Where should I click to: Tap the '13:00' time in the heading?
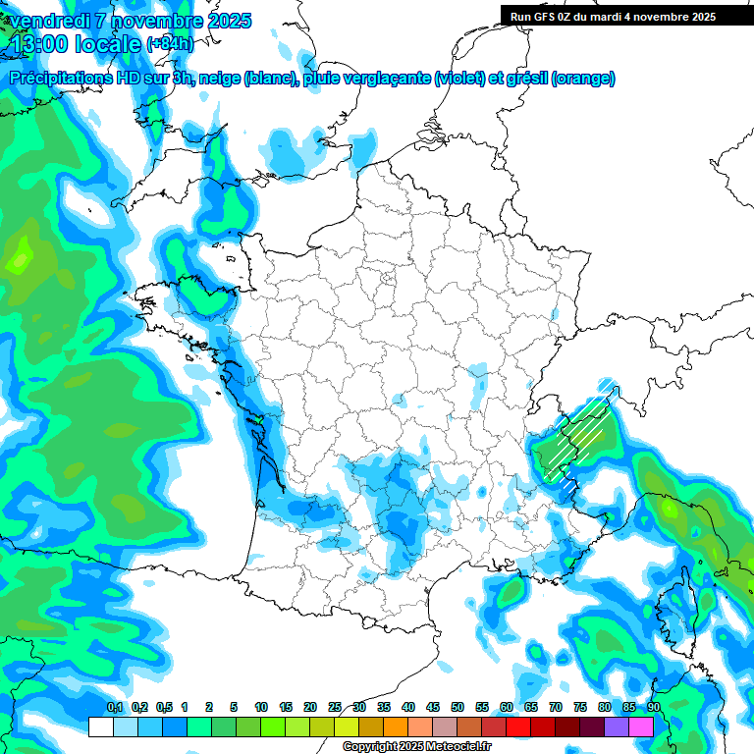coord(38,44)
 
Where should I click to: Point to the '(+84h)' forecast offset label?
coord(170,44)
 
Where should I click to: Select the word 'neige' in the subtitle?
coord(221,79)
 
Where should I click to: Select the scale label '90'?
coord(653,707)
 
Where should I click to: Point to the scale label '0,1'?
coord(114,707)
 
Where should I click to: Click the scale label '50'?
coord(458,707)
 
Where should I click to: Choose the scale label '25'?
coord(335,707)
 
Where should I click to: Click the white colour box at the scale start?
coord(100,727)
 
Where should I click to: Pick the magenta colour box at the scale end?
coord(641,727)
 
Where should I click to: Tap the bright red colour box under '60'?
coord(518,727)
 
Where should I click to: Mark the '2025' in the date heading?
coord(227,21)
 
